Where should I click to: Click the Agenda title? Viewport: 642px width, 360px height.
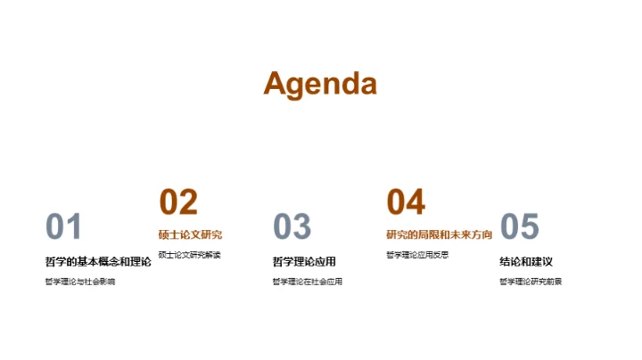pyautogui.click(x=320, y=84)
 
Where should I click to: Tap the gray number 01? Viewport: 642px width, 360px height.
pyautogui.click(x=63, y=227)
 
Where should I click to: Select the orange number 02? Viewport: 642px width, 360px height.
pyautogui.click(x=177, y=202)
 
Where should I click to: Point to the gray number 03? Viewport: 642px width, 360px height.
pyautogui.click(x=292, y=227)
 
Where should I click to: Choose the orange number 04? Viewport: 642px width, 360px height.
pyautogui.click(x=406, y=202)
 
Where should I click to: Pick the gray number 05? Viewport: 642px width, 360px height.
pyautogui.click(x=520, y=227)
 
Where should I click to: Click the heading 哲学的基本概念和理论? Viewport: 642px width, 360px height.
pyautogui.click(x=98, y=261)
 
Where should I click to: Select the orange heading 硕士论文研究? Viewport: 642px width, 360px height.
pyautogui.click(x=190, y=235)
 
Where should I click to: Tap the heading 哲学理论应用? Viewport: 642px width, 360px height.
pyautogui.click(x=304, y=261)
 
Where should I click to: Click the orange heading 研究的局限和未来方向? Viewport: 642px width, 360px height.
pyautogui.click(x=439, y=235)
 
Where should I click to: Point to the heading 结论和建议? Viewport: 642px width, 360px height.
pyautogui.click(x=526, y=261)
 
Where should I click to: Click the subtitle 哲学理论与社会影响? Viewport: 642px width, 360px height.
pyautogui.click(x=79, y=282)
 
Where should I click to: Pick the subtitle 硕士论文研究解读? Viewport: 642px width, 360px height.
pyautogui.click(x=189, y=255)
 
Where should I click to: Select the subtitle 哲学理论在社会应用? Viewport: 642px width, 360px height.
pyautogui.click(x=308, y=282)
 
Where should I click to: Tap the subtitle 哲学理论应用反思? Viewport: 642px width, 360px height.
pyautogui.click(x=416, y=255)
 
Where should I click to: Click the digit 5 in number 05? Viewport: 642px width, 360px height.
pyautogui.click(x=531, y=227)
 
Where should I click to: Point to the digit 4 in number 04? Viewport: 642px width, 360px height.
pyautogui.click(x=416, y=202)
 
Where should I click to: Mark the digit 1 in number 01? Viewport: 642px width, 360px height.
pyautogui.click(x=74, y=227)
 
